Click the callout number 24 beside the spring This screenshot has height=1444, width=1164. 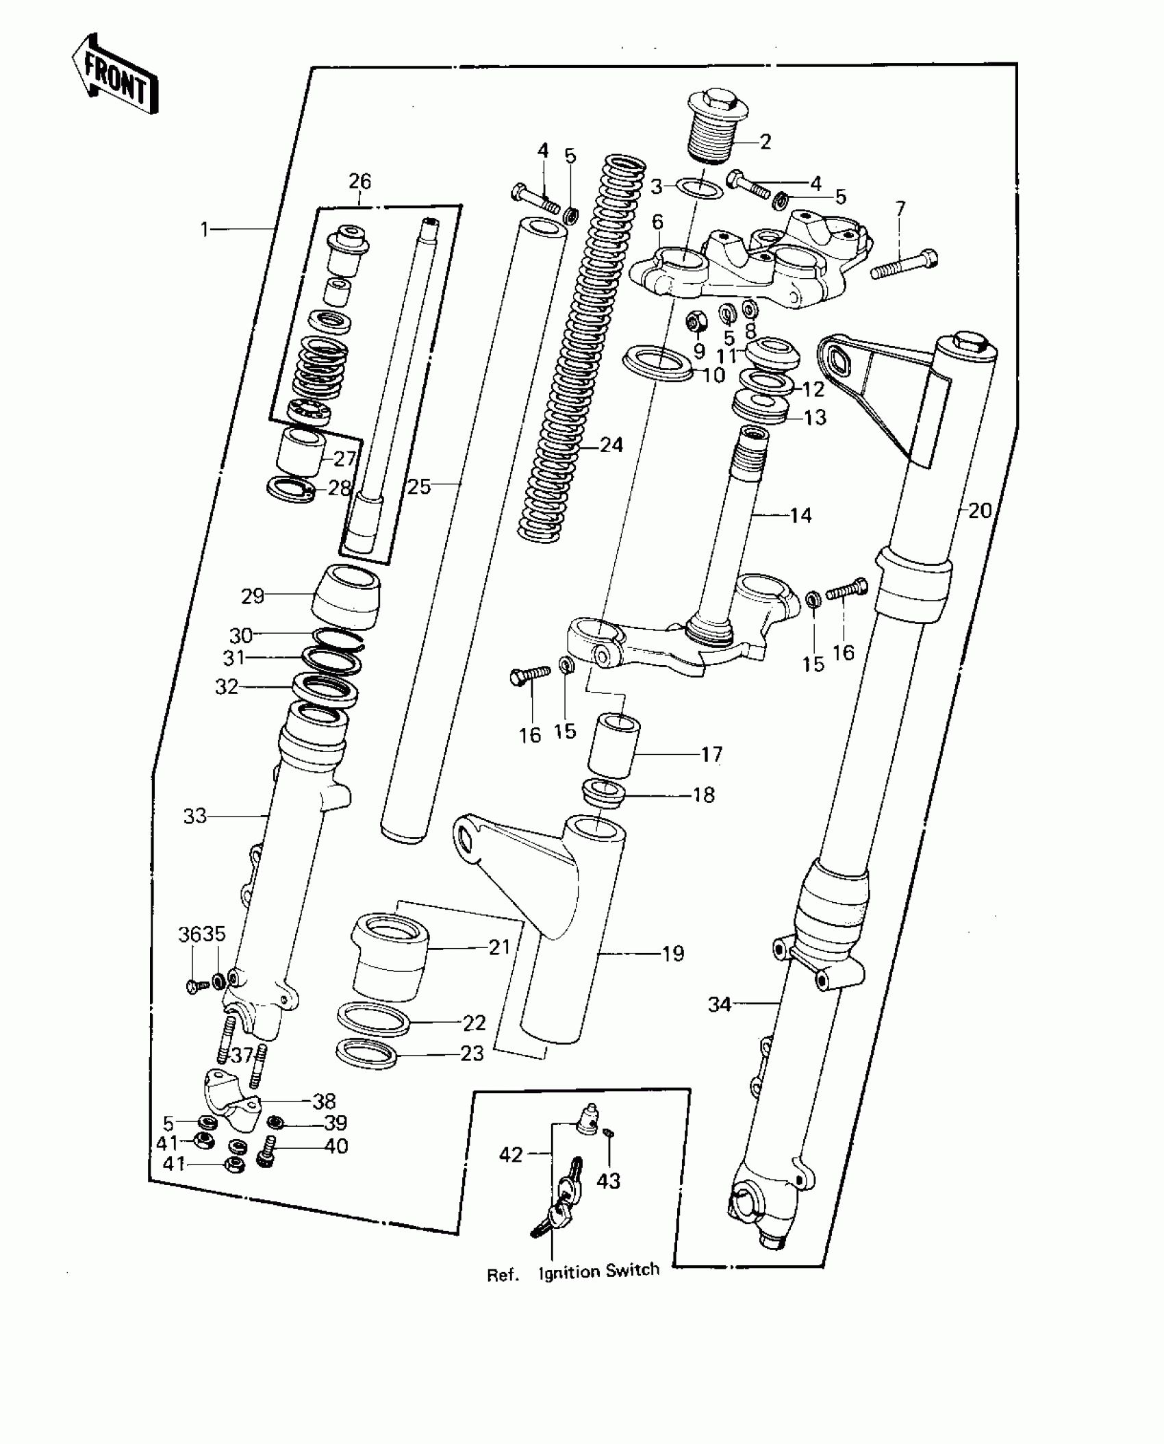point(611,445)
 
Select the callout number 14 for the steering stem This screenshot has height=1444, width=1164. point(800,515)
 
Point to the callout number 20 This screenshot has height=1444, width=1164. point(980,510)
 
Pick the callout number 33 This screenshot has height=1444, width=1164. point(195,816)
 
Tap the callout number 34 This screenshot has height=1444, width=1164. point(720,1005)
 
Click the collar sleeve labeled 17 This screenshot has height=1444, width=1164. point(614,746)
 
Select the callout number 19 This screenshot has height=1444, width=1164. point(673,954)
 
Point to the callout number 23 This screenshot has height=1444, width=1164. point(472,1053)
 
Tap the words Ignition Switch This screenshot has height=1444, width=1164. point(599,1271)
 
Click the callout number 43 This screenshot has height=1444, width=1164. point(608,1180)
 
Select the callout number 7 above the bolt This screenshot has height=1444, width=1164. point(900,209)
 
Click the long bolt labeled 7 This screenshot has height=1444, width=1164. point(904,266)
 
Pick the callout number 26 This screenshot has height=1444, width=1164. point(359,182)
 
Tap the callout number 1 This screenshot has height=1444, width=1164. point(204,229)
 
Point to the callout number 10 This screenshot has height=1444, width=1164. point(713,375)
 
